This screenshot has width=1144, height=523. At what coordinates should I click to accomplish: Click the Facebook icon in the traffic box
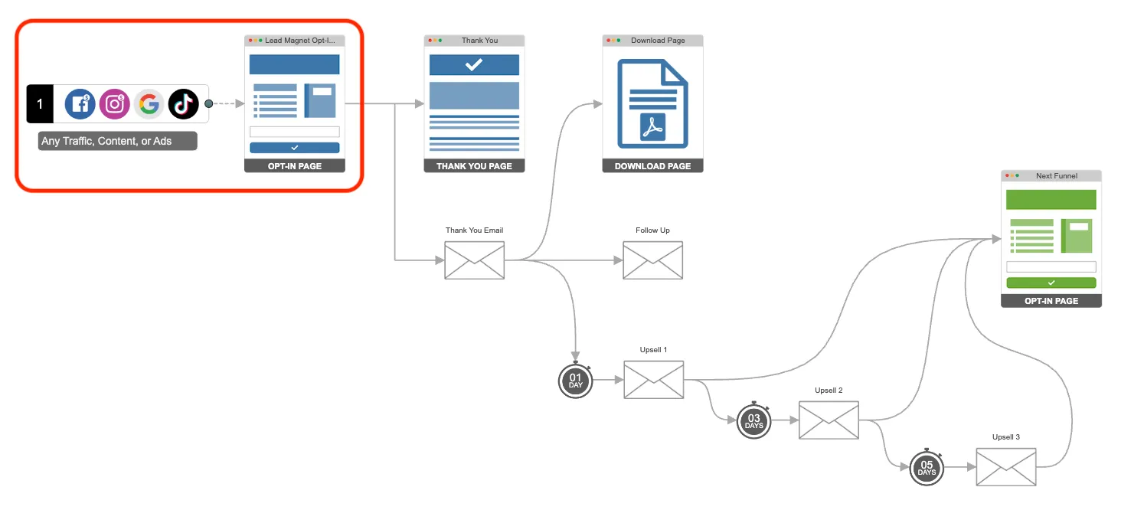click(80, 103)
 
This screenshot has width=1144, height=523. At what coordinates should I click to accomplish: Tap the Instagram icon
click(115, 103)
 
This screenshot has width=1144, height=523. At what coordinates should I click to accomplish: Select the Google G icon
click(149, 103)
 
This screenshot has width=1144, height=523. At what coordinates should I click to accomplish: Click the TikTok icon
click(184, 103)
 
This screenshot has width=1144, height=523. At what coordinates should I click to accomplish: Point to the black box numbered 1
click(40, 103)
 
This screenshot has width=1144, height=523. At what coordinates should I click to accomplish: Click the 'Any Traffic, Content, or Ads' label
click(117, 141)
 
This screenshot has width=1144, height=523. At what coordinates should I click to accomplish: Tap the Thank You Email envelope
click(475, 260)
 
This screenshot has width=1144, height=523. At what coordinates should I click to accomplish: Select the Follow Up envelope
click(652, 260)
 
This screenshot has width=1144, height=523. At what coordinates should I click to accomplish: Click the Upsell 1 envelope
click(653, 380)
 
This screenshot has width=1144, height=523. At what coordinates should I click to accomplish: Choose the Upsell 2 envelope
click(829, 420)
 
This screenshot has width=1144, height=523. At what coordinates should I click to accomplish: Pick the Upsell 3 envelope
click(1006, 467)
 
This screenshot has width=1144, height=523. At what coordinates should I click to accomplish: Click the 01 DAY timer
click(576, 381)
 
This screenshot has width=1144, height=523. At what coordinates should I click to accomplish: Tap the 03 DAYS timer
click(754, 421)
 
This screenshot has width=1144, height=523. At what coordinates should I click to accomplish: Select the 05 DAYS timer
click(927, 468)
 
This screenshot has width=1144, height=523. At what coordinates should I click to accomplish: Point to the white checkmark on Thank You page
click(474, 65)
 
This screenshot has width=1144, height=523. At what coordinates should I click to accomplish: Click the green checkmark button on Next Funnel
click(1051, 283)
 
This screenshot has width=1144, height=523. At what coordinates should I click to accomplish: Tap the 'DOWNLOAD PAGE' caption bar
click(652, 166)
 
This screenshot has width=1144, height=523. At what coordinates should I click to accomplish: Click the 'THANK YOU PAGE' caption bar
click(474, 166)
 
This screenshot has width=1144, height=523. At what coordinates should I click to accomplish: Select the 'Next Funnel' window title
click(1056, 176)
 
